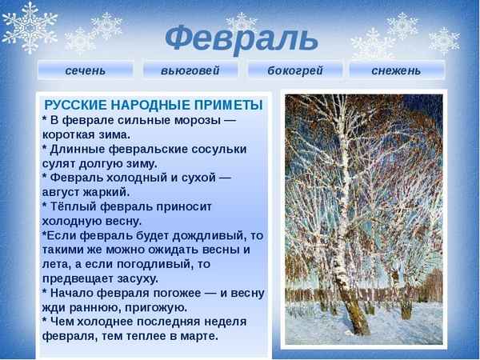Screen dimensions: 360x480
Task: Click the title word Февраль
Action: pos(241,37)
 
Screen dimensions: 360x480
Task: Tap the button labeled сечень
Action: pos(85,70)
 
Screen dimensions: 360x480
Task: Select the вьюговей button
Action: pos(190,70)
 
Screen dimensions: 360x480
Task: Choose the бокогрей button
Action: pos(294,70)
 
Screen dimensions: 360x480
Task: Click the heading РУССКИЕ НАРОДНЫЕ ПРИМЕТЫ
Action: pos(154,105)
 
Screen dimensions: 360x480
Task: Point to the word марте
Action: pos(197,336)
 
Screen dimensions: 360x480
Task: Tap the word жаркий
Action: pos(109,192)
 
